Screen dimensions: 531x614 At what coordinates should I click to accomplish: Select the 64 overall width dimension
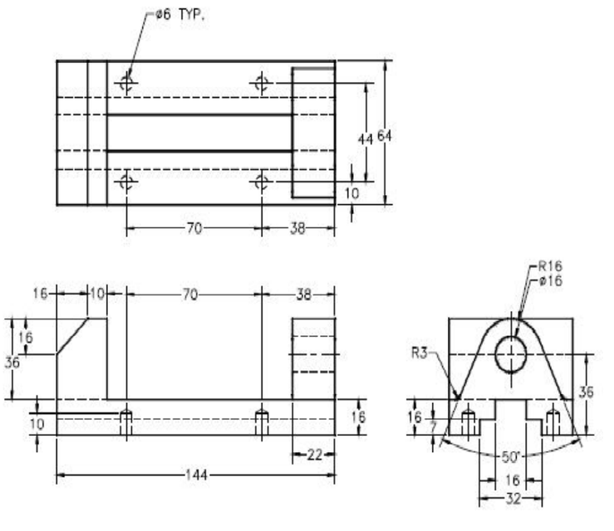385,135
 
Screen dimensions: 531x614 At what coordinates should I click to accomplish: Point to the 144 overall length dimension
196,475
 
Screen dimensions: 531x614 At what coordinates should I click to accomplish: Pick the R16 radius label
551,267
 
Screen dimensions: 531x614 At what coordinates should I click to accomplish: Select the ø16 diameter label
551,281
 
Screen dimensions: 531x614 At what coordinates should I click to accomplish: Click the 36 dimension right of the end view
586,393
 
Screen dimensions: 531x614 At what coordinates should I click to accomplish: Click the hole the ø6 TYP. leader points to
125,82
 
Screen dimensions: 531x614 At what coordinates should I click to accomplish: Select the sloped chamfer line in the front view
72,335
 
